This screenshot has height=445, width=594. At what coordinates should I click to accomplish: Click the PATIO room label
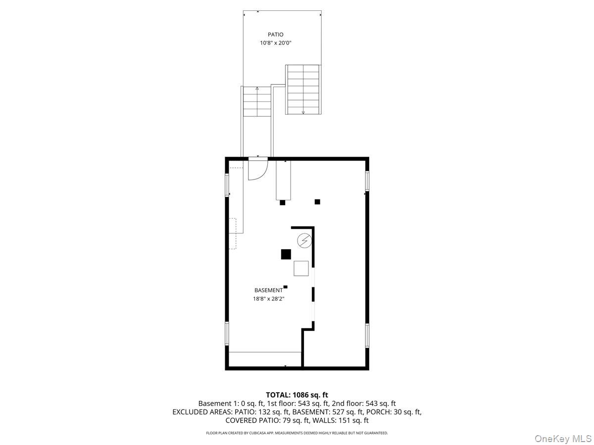pos(276,35)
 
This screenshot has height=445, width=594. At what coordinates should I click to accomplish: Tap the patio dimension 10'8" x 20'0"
pos(276,43)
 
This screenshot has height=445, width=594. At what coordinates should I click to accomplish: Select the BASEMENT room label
pos(268,290)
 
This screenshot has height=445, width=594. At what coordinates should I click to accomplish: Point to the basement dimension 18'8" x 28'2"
pos(268,298)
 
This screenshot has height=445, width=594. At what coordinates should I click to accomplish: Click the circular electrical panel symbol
pos(304,241)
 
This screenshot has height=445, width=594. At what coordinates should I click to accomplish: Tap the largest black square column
pos(286,254)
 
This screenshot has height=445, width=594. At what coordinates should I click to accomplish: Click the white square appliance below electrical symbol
pos(301,268)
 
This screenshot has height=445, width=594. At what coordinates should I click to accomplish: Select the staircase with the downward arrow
pos(303,89)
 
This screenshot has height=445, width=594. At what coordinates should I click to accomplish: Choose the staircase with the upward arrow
pos(257,101)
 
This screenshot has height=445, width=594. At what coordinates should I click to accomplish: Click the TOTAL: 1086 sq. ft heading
pos(297,395)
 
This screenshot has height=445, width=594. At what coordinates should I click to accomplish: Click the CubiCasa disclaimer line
pos(297,433)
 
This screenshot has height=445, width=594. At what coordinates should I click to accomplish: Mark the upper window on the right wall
pos(367,181)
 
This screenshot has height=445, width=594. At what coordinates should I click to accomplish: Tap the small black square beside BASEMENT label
pos(286,287)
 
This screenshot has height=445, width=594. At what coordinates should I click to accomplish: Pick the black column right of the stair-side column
pos(317,201)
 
